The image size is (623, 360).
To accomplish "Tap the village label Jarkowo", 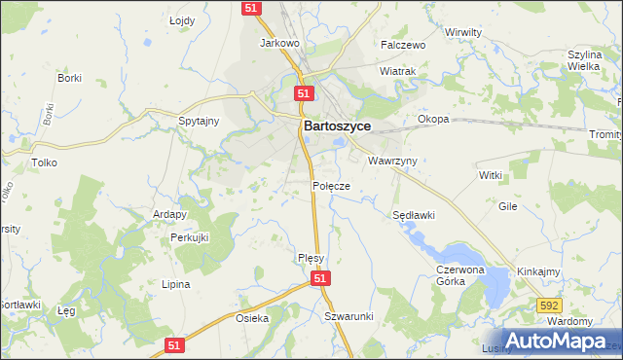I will pos(277,44).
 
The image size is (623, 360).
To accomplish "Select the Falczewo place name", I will pos(404,45).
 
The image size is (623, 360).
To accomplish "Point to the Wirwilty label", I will pos(463,32).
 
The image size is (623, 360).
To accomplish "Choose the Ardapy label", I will pos(169,213).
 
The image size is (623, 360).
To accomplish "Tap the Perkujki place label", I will pos(191,236).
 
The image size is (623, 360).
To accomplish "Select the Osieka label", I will pos(252,318).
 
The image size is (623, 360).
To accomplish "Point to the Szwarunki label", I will pos(349,317).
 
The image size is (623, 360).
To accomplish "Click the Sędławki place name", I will pos(413,215).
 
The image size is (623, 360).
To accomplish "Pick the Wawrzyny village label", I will pos(392,160).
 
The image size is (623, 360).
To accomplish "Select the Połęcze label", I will pos(331,185).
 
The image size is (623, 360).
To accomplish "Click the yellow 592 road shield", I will pos(549,306).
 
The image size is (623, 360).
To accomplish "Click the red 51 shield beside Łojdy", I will pos(251,8).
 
